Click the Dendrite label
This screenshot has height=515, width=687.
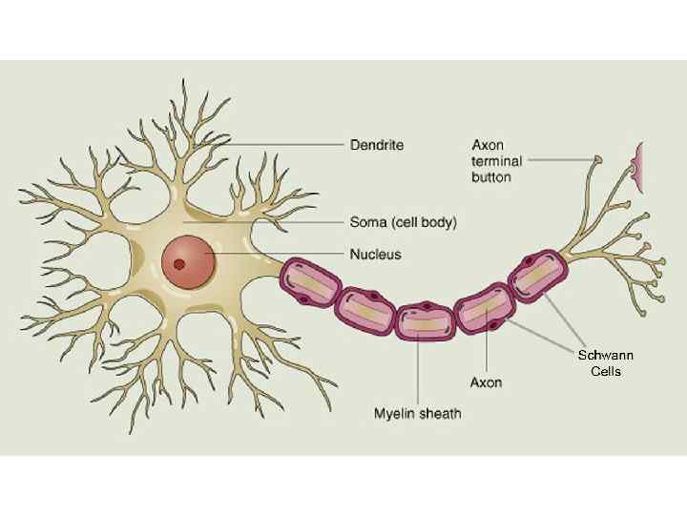click(x=376, y=145)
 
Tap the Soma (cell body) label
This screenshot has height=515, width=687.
click(x=402, y=223)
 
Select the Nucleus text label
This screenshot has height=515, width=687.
click(x=374, y=255)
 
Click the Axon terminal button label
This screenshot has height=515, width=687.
click(x=491, y=160)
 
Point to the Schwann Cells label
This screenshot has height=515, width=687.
click(x=605, y=362)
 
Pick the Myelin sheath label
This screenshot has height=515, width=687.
click(x=417, y=413)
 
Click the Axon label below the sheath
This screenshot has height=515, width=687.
click(x=486, y=382)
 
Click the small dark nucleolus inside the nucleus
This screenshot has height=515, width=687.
click(x=178, y=264)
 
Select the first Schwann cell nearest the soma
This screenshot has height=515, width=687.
click(x=309, y=282)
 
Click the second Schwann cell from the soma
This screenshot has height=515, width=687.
click(x=364, y=309)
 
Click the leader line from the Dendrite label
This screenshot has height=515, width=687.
click(x=286, y=145)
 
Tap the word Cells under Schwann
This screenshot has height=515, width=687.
click(x=605, y=371)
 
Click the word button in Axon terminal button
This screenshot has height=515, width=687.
click(x=491, y=177)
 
